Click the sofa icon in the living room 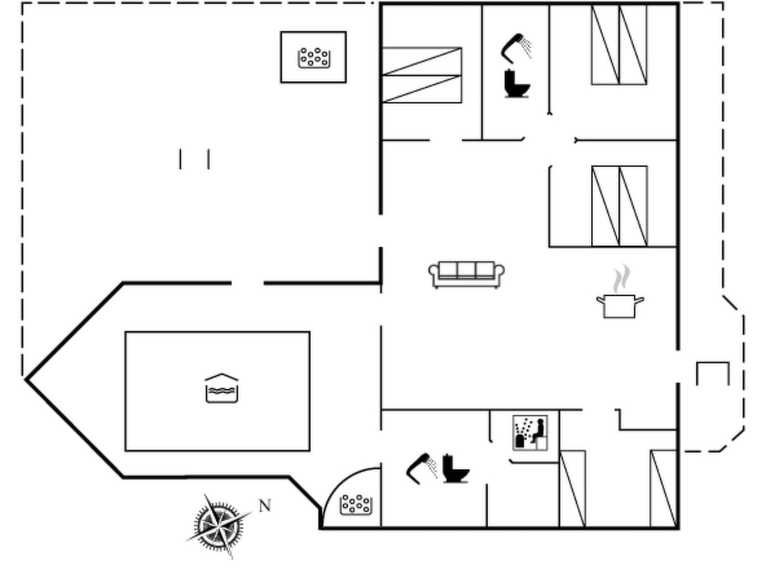(466, 275)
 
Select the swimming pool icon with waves (222, 388)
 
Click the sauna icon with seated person (530, 433)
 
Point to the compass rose (219, 527)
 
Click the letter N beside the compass (265, 506)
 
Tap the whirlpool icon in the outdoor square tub (314, 58)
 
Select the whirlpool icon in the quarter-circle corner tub (356, 504)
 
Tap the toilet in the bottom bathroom (456, 468)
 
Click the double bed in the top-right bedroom (619, 44)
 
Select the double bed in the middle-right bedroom (620, 206)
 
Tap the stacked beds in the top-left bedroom (422, 75)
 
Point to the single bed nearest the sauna (573, 489)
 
